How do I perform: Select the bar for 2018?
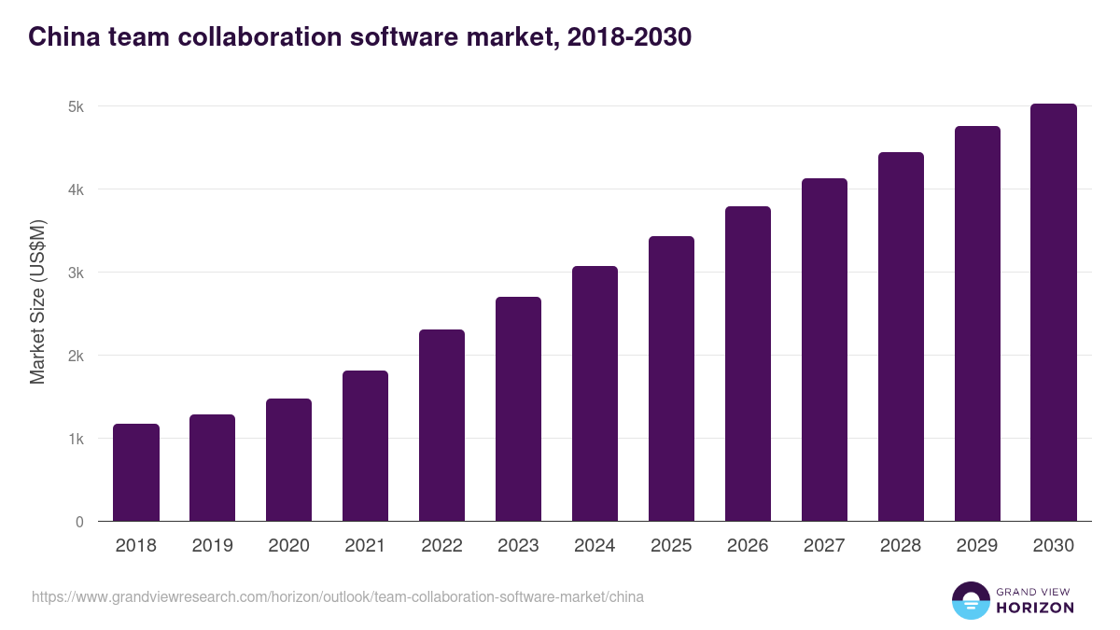pyautogui.click(x=136, y=473)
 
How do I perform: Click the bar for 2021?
pyautogui.click(x=365, y=446)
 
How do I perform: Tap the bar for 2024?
pyautogui.click(x=595, y=394)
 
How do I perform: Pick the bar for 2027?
pyautogui.click(x=824, y=350)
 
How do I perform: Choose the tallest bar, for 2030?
pyautogui.click(x=1054, y=313)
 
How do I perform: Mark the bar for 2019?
pyautogui.click(x=213, y=468)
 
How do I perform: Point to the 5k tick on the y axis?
pyautogui.click(x=76, y=106)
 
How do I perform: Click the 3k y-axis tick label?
pyautogui.click(x=76, y=273)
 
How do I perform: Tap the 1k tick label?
pyautogui.click(x=76, y=439)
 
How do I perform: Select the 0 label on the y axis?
pyautogui.click(x=79, y=522)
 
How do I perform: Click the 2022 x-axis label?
pyautogui.click(x=441, y=546)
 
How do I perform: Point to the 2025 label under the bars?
pyautogui.click(x=671, y=546)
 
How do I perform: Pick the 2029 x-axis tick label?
pyautogui.click(x=977, y=546)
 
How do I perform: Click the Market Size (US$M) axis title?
pyautogui.click(x=37, y=301)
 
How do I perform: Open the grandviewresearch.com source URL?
pyautogui.click(x=337, y=596)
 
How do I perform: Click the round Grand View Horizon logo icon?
pyautogui.click(x=970, y=600)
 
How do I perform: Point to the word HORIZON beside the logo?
pyautogui.click(x=1035, y=608)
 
